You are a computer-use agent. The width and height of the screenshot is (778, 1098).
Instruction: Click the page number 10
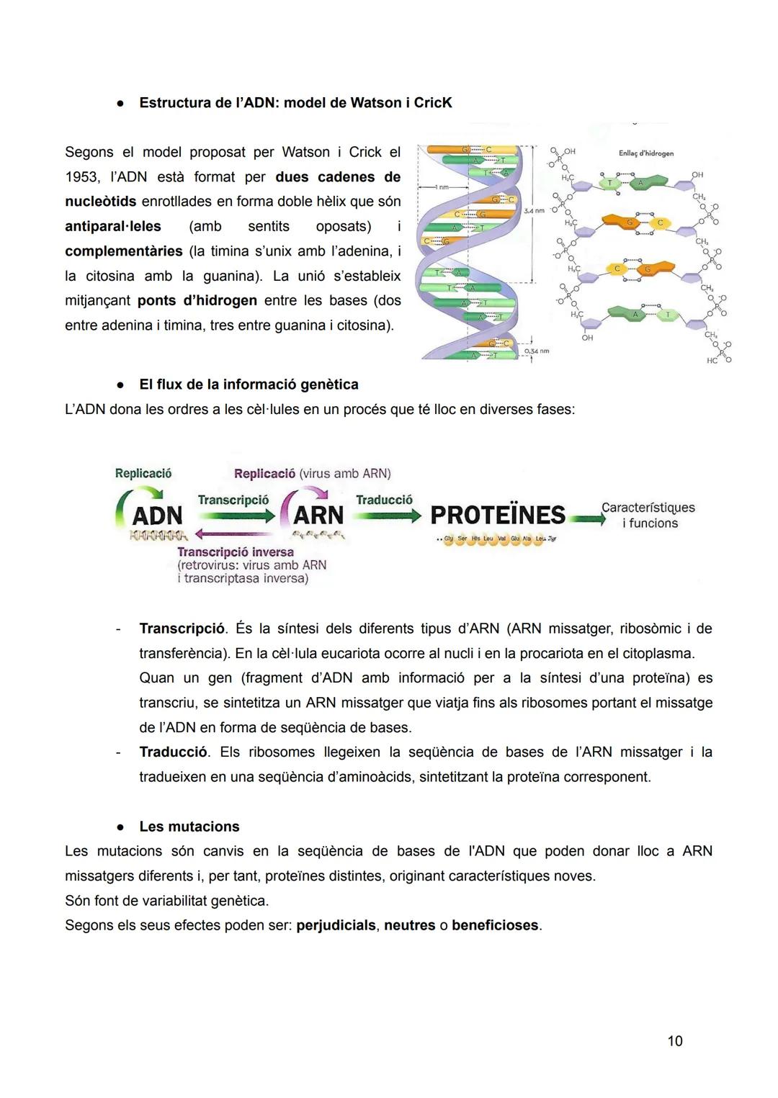point(674,1040)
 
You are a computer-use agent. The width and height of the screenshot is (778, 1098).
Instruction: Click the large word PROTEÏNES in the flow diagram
point(498,516)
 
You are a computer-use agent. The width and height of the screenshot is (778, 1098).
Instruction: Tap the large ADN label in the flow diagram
point(158,516)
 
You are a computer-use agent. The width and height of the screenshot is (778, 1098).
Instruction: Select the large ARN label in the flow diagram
point(318,516)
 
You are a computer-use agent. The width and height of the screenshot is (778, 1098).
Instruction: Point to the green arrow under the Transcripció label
point(236,516)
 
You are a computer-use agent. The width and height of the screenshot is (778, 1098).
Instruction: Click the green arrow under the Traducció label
point(388,516)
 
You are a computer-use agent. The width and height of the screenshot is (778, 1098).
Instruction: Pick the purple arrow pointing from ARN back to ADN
point(235,534)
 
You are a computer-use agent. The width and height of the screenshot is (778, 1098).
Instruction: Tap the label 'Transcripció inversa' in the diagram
point(236,552)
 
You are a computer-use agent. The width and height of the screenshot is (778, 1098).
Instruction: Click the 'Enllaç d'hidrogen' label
point(645,153)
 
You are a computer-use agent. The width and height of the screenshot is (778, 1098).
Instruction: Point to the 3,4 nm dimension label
point(534,211)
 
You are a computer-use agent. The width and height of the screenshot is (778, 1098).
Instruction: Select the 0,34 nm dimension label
point(536,351)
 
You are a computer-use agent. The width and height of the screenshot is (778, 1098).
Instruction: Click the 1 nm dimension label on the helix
point(440,187)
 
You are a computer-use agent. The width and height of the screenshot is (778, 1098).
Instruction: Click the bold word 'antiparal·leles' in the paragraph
point(113,226)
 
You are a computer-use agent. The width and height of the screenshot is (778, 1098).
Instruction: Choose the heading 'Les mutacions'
point(189,827)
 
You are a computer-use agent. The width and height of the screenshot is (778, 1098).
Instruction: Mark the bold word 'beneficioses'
point(496,925)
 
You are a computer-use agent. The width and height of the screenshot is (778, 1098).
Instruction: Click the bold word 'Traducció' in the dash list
point(174,752)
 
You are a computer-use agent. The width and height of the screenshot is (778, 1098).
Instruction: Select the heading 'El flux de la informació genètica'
point(249,384)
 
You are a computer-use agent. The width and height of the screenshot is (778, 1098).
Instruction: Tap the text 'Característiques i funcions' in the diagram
point(648,516)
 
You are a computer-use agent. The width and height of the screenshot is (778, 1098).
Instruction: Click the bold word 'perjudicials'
point(336,925)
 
